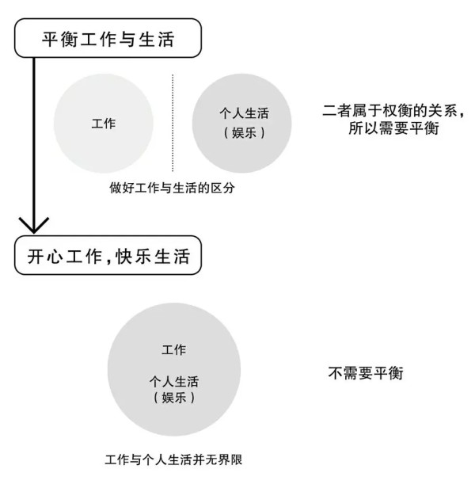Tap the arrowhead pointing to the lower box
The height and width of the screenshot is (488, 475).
[33, 226]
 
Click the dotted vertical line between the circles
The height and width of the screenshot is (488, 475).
[173, 123]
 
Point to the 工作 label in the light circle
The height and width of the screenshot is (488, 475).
[104, 124]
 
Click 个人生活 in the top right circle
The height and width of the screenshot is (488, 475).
[244, 113]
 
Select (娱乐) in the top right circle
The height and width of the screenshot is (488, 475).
[244, 132]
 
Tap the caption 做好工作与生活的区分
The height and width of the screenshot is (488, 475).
[172, 188]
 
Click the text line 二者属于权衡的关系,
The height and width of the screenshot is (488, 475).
[393, 110]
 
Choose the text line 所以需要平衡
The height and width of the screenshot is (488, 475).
[393, 128]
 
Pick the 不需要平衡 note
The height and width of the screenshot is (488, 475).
[366, 373]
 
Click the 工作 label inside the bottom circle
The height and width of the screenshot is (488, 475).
[174, 350]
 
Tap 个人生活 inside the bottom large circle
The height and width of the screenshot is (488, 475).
[174, 382]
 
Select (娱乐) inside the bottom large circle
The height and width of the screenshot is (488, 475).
[174, 398]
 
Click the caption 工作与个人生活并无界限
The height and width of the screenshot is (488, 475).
[173, 459]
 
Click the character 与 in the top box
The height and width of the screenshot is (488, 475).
[127, 40]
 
